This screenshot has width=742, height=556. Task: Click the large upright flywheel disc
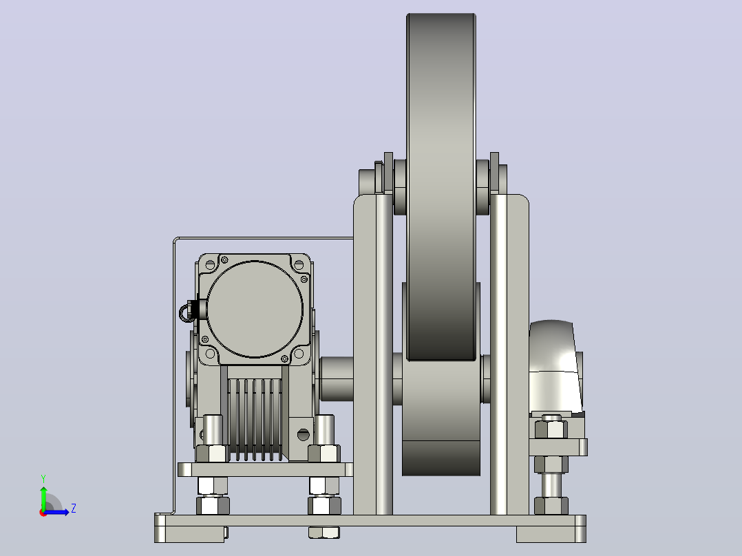(x=441, y=187)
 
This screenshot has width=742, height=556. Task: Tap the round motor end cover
(x=255, y=309)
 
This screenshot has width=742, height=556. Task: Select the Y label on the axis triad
(x=43, y=478)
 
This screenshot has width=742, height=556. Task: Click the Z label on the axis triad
(x=74, y=509)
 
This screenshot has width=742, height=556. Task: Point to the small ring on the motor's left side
(x=185, y=313)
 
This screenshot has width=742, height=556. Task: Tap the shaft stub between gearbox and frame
(x=337, y=378)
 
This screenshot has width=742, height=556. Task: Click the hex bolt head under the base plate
(x=324, y=533)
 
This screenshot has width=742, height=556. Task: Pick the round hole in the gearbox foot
(x=304, y=434)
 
